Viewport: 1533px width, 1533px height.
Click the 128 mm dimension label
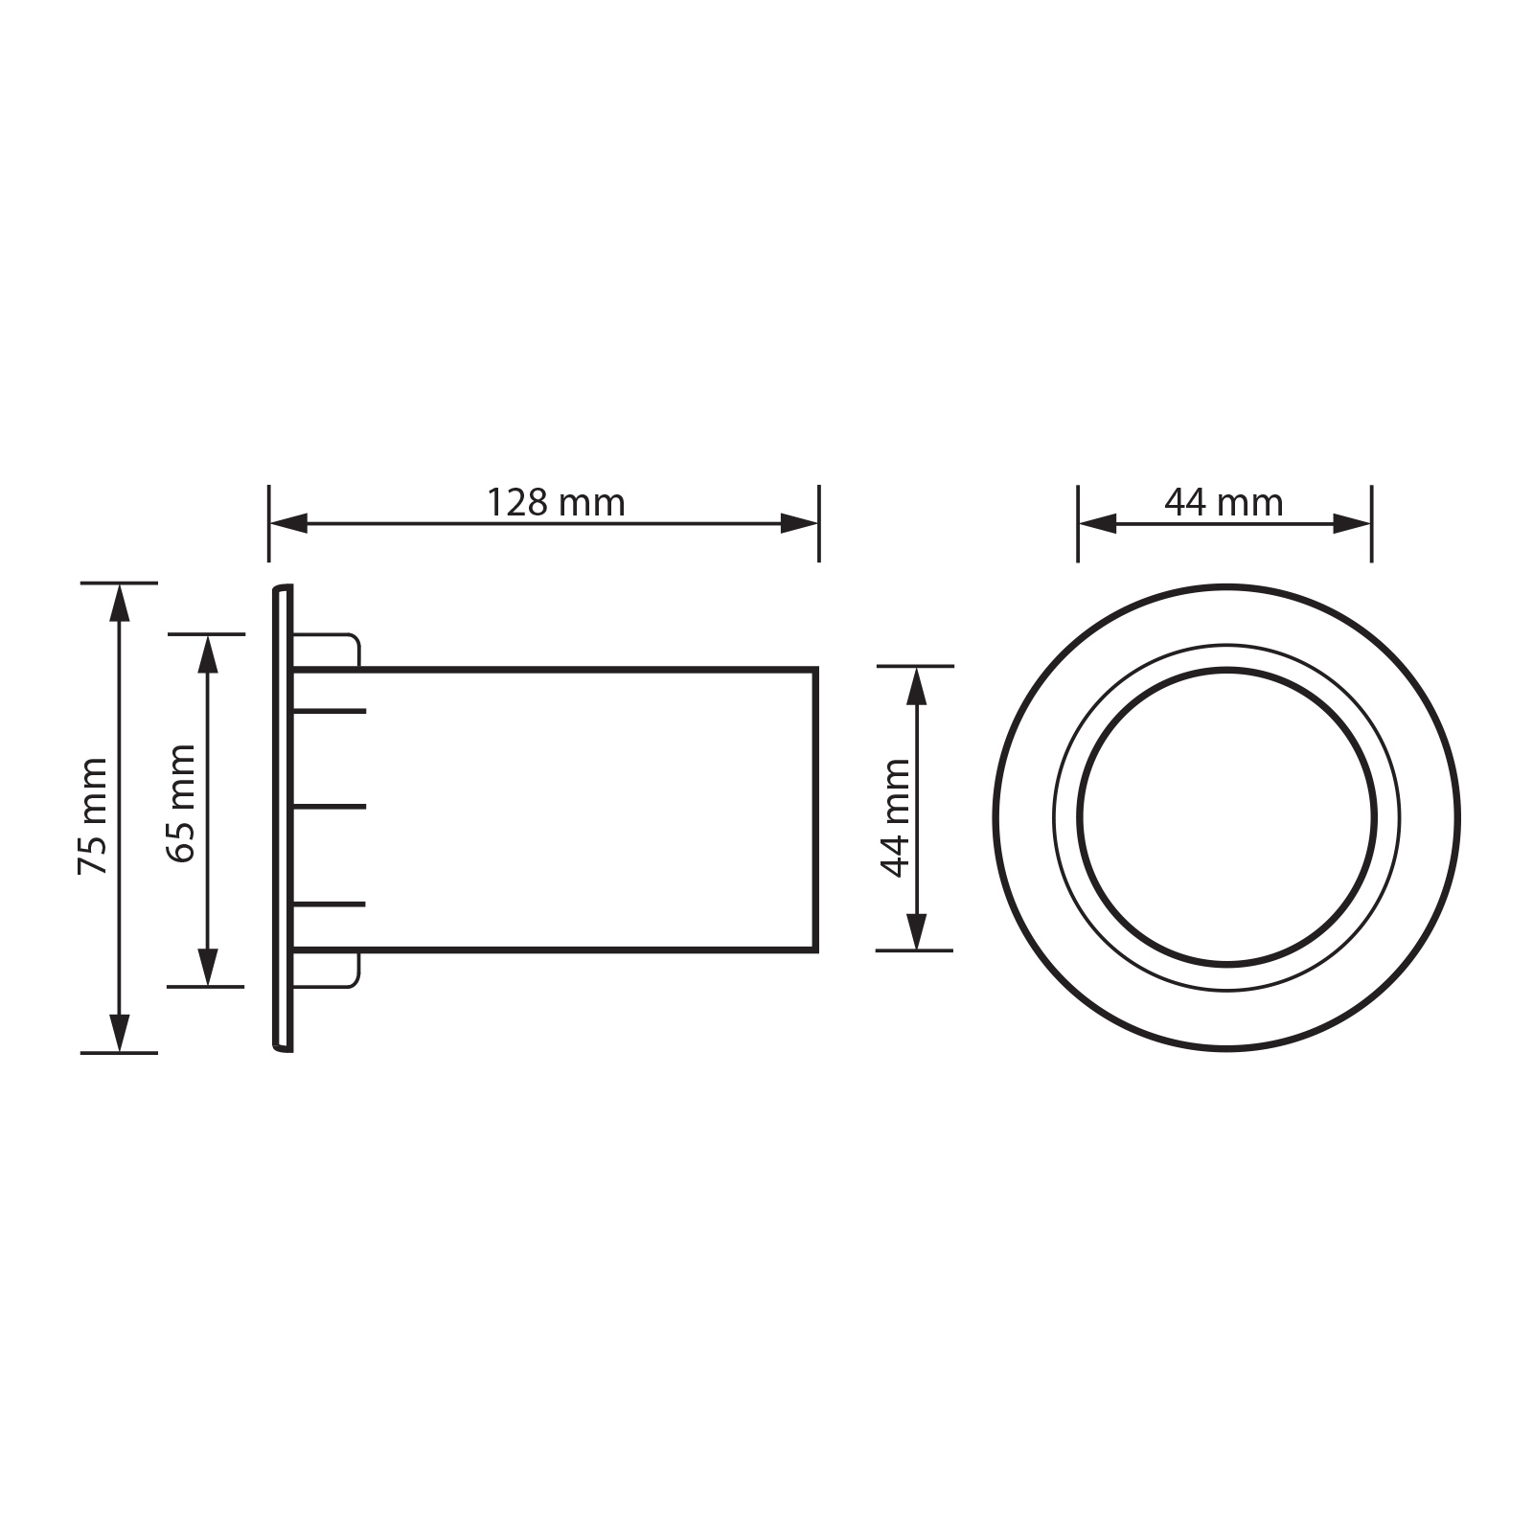click(556, 502)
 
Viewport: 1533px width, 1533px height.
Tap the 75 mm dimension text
click(93, 817)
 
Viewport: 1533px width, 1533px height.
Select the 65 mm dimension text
click(181, 804)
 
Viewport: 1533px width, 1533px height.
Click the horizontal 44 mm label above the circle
click(1224, 502)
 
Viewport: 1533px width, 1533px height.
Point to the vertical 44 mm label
click(895, 817)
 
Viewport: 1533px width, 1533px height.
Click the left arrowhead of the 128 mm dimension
click(288, 523)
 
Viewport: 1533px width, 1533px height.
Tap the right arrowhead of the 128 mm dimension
click(799, 523)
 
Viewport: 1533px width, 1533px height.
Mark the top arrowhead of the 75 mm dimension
click(119, 602)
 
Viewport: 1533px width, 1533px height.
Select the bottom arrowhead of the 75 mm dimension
click(119, 1033)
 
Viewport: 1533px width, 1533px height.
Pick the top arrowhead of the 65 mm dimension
click(207, 653)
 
